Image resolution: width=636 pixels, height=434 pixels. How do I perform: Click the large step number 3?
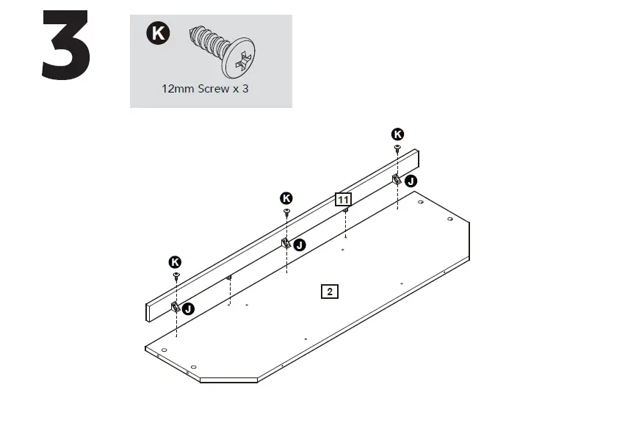(66, 46)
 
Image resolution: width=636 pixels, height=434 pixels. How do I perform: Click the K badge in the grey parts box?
(157, 33)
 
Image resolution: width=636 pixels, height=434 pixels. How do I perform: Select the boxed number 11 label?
(343, 199)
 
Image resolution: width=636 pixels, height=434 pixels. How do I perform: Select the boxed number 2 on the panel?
(330, 292)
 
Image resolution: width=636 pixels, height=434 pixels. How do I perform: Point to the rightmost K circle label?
(397, 134)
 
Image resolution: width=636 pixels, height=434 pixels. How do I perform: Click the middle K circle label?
(286, 198)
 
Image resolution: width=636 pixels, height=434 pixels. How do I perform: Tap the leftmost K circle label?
(176, 261)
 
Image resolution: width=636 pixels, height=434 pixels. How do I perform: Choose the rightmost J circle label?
(411, 181)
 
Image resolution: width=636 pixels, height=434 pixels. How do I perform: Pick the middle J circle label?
(300, 245)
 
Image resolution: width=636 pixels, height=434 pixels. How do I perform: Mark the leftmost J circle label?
(189, 309)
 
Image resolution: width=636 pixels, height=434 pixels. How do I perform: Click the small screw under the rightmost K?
(397, 148)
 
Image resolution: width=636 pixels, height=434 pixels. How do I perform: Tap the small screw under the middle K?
(286, 211)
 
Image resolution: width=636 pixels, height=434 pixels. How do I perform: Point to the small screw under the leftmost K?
(176, 275)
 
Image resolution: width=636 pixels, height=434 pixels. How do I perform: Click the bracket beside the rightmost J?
(397, 178)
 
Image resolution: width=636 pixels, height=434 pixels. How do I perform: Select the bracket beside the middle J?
(286, 242)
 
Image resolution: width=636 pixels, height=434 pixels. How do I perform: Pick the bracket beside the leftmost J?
(176, 307)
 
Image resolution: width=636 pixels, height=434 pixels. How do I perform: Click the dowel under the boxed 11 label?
(345, 211)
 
